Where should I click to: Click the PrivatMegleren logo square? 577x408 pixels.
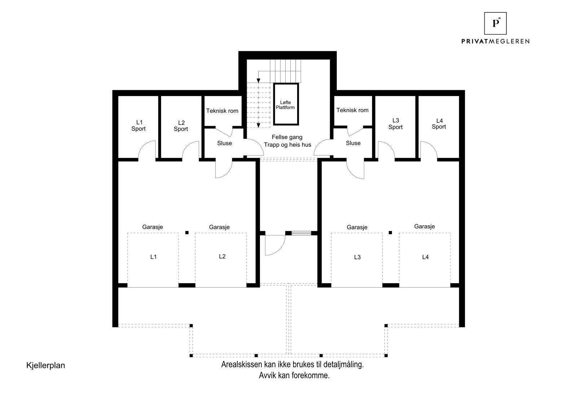[495, 23]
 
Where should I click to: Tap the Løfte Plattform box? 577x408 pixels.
[286, 104]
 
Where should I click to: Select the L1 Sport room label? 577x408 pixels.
[139, 126]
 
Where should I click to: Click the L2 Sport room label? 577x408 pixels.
[181, 126]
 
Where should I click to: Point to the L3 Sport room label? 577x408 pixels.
[396, 124]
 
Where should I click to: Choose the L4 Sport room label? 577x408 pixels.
[439, 124]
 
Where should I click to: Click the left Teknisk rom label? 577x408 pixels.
[222, 111]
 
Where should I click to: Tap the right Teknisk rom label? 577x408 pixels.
[352, 110]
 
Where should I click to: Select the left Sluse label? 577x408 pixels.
[224, 143]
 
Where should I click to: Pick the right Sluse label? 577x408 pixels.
[353, 143]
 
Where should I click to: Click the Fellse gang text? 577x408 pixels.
[287, 137]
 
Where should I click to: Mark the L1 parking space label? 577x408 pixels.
[153, 257]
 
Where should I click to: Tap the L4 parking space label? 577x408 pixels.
[426, 257]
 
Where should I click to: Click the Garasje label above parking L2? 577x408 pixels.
[219, 227]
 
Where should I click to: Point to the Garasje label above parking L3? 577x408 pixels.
[357, 227]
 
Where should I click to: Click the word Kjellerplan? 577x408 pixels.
[45, 365]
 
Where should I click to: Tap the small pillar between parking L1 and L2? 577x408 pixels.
[187, 233]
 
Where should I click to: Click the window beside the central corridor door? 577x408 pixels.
[301, 233]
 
